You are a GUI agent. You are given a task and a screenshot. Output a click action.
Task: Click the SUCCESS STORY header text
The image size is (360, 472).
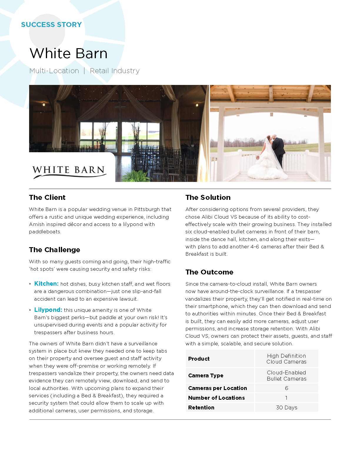[51, 25]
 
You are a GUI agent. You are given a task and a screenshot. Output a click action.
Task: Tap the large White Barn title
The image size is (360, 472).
[69, 53]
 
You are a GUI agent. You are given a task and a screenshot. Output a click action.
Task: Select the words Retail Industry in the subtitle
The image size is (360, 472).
[115, 71]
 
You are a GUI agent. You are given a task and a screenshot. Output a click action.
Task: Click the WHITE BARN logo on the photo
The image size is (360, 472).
[69, 171]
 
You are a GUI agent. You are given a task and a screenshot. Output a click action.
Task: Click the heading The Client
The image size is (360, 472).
[47, 197]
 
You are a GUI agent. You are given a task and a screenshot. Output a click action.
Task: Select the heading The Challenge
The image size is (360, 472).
[54, 250]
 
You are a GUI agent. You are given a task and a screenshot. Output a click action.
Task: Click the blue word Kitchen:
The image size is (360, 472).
[46, 284]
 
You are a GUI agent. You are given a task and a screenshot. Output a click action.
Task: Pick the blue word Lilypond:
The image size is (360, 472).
[48, 310]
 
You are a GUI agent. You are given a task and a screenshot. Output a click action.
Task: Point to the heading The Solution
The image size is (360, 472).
[208, 197]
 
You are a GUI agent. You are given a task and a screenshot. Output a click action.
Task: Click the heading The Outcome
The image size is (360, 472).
[209, 272]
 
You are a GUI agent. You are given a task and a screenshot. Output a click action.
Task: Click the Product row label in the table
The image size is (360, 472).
[199, 359]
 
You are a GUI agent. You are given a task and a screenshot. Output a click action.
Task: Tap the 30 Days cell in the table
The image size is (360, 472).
[286, 408]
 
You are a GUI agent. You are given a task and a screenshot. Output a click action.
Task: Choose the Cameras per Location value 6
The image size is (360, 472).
[286, 388]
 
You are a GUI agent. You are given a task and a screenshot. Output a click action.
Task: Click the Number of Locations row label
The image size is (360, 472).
[216, 398]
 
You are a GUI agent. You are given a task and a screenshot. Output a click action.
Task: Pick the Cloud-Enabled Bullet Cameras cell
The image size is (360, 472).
[286, 376]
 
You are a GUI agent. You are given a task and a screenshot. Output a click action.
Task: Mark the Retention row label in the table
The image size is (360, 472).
[201, 408]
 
